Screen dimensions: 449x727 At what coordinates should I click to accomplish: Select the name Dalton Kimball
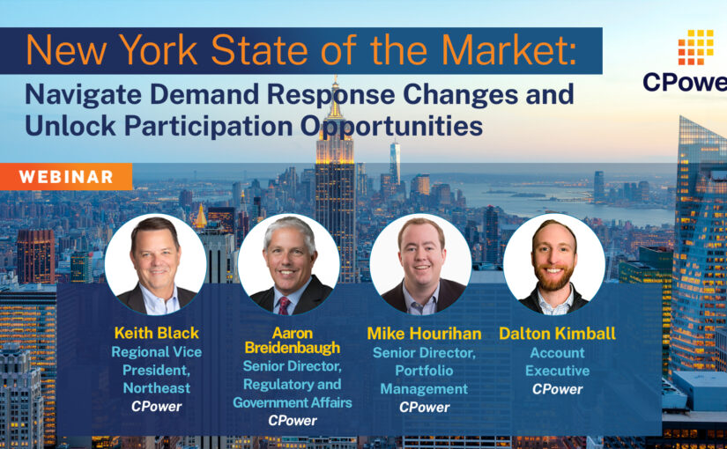(557, 334)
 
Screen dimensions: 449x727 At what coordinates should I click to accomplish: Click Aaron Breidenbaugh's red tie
(285, 303)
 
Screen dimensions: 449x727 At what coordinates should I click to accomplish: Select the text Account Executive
(557, 362)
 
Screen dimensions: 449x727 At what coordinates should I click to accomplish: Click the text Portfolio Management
(423, 380)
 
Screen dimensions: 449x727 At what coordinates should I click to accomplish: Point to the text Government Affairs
(292, 403)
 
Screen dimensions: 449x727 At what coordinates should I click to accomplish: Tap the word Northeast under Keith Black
(150, 388)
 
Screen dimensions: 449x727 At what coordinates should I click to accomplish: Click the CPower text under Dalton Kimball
(557, 389)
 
